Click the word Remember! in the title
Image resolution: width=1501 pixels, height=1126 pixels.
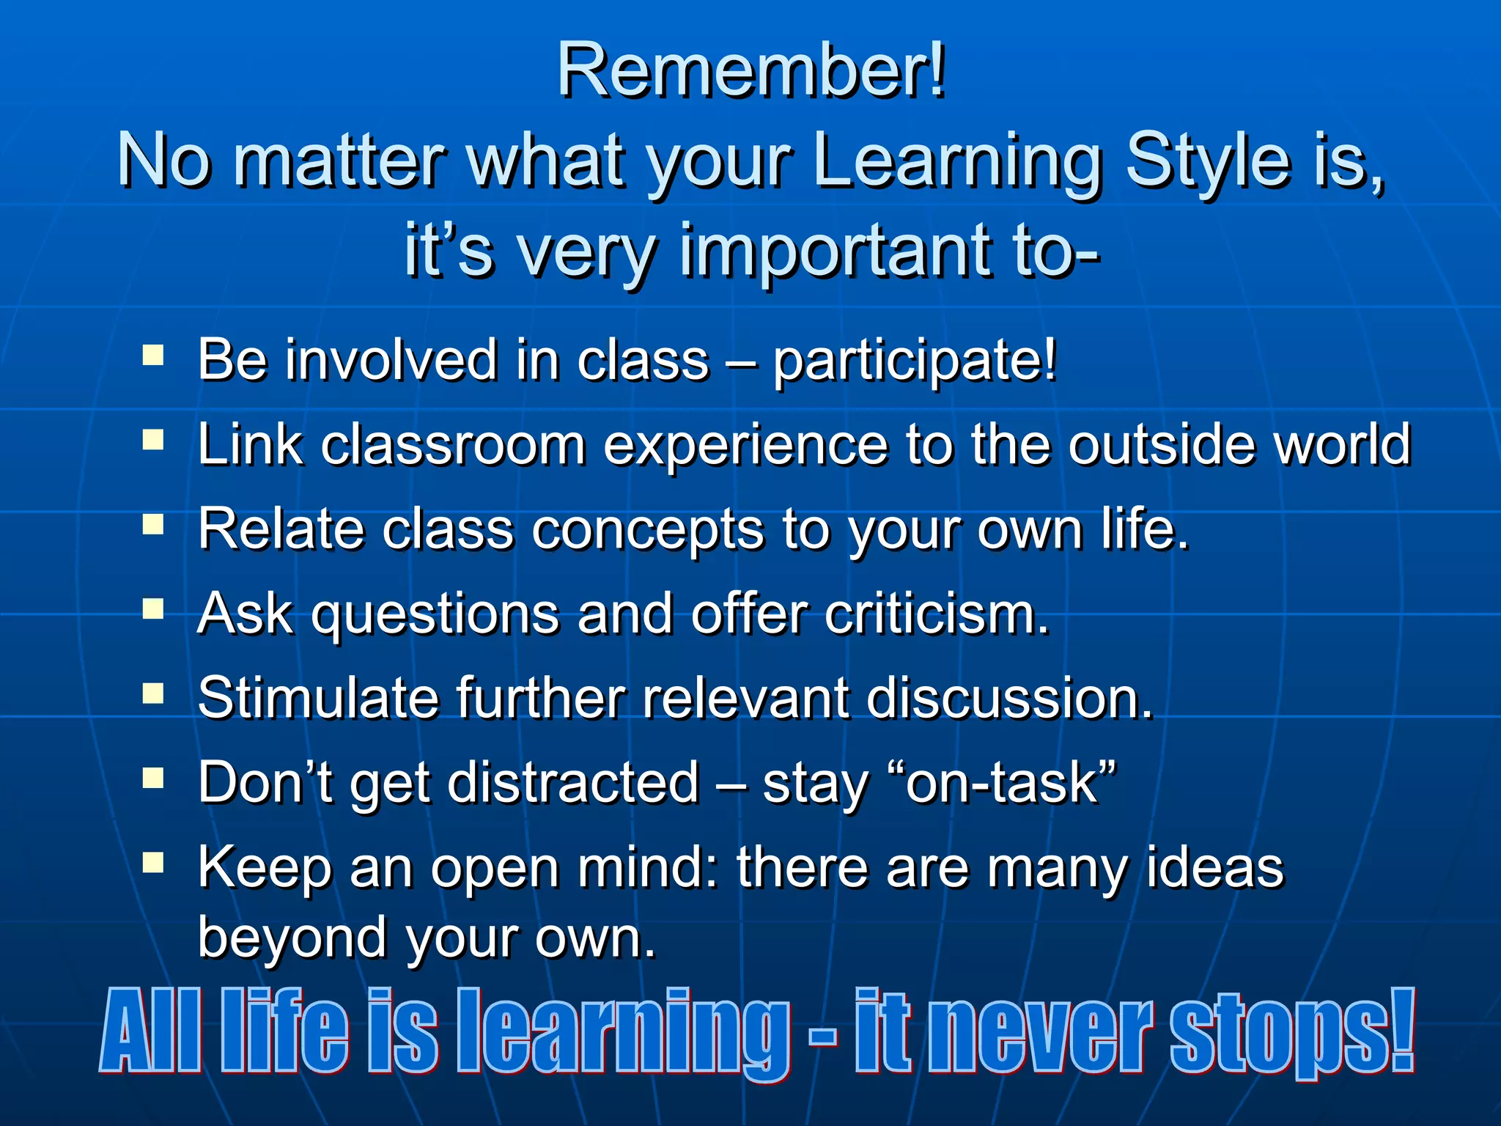click(751, 70)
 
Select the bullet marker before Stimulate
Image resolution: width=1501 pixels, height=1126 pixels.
click(153, 693)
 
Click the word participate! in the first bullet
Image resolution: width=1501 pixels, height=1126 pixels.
click(915, 362)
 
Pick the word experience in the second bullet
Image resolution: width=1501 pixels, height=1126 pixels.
click(745, 446)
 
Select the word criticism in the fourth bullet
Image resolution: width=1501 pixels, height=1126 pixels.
click(936, 614)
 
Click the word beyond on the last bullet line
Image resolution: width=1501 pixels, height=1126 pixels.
click(292, 938)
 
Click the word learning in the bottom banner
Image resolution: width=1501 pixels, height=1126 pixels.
click(623, 1032)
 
